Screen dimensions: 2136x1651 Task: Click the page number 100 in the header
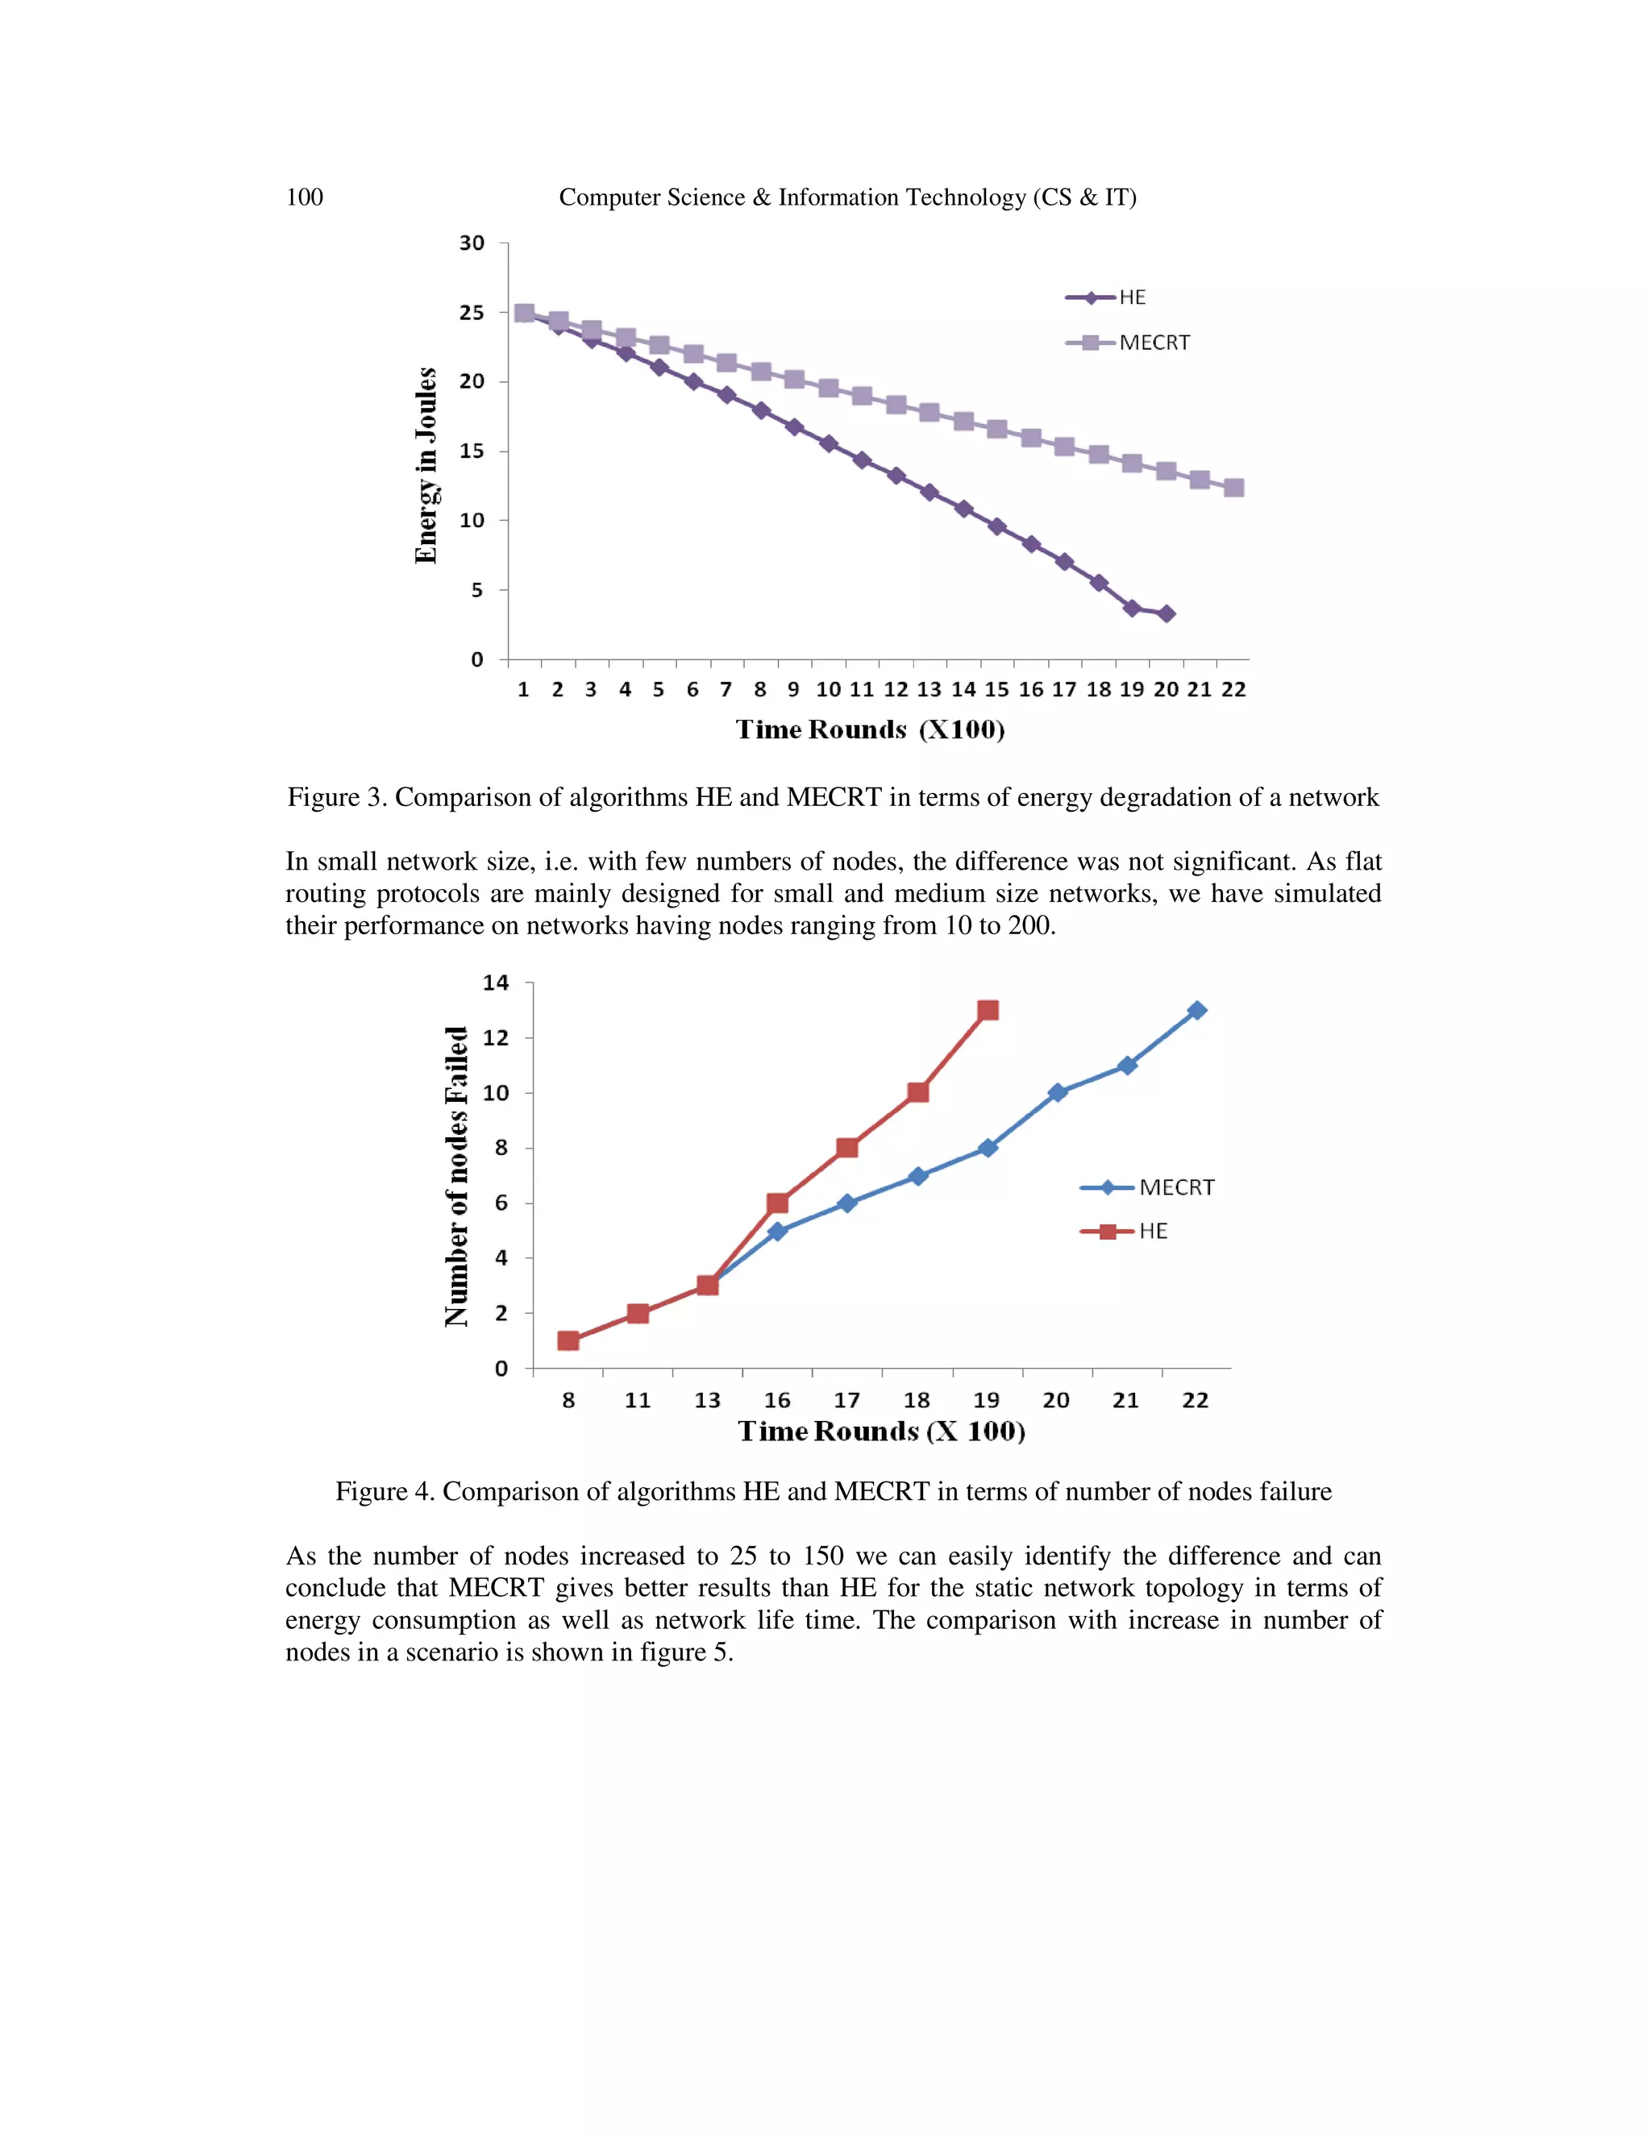pos(304,197)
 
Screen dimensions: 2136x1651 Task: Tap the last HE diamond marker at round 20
pos(1166,614)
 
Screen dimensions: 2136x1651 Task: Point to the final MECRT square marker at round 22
pos(1233,487)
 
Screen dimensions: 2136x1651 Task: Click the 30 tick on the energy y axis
pos(472,243)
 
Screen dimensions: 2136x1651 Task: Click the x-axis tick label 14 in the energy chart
pos(963,689)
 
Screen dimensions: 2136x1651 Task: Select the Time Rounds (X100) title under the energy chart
pos(870,729)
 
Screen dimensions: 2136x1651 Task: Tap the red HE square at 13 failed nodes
pos(988,1010)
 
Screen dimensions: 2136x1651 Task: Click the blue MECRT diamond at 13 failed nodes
pos(1196,1010)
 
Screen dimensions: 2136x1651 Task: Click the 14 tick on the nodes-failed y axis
pos(496,983)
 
